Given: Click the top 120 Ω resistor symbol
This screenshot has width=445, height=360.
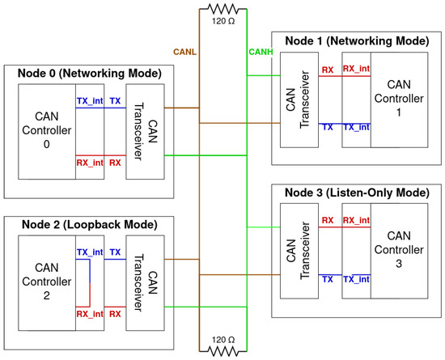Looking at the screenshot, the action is [223, 9].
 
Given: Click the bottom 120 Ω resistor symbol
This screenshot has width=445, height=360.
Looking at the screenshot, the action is [223, 351].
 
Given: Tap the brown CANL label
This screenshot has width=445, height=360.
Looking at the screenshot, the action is [184, 52].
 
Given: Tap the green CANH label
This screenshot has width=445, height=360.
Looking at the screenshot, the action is [261, 52].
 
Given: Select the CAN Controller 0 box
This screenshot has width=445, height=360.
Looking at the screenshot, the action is [47, 132].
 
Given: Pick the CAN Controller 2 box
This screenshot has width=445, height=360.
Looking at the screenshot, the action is [47, 283].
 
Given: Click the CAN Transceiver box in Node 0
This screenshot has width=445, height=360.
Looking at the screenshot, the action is [145, 132].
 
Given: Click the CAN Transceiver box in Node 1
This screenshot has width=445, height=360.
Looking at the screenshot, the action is [299, 100].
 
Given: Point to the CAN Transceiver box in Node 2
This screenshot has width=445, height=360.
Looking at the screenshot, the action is [145, 283].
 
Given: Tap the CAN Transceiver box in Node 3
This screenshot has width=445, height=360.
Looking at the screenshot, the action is [299, 251].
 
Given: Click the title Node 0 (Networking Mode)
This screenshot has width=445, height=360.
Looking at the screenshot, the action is [89, 74].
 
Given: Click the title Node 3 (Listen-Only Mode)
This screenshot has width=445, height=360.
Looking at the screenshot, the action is [357, 193].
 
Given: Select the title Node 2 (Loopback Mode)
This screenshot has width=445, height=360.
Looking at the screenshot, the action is [89, 225].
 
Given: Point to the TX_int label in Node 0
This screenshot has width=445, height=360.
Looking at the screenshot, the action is [90, 101].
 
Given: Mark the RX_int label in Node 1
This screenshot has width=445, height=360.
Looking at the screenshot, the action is [356, 69].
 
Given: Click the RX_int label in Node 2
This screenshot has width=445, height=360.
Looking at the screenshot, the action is [90, 314].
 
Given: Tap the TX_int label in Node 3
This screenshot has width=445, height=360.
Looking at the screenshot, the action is [356, 279].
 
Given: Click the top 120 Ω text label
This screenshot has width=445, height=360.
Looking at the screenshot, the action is [223, 21].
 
